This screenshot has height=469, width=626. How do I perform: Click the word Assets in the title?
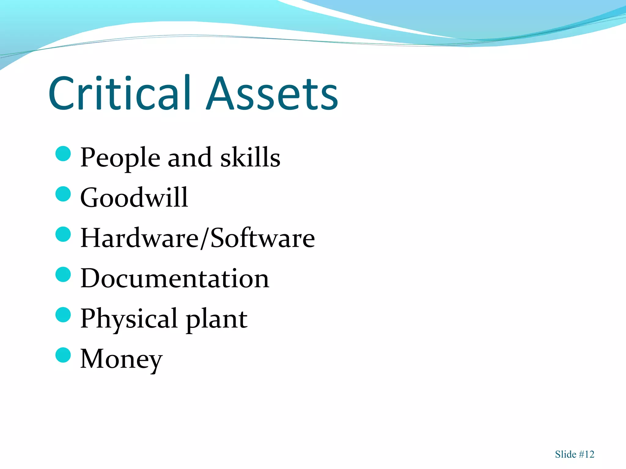[x=272, y=93]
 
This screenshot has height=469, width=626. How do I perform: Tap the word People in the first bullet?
[x=120, y=158]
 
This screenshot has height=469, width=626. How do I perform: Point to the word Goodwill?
[x=134, y=198]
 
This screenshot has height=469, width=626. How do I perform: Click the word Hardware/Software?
[x=197, y=238]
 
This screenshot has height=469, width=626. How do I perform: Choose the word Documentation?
[x=175, y=278]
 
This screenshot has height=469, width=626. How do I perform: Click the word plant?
[x=217, y=319]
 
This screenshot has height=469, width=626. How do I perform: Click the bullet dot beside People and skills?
[x=63, y=154]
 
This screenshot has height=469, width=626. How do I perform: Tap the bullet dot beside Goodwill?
[x=63, y=194]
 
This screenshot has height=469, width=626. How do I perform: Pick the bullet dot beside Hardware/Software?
[x=63, y=234]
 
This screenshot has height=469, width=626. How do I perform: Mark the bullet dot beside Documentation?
[x=63, y=274]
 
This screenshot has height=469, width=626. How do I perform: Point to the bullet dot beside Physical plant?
[x=63, y=315]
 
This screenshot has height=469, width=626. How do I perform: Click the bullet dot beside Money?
[x=63, y=355]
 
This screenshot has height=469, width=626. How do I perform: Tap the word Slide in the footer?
[x=565, y=454]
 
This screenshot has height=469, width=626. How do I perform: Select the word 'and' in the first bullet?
[x=190, y=158]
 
